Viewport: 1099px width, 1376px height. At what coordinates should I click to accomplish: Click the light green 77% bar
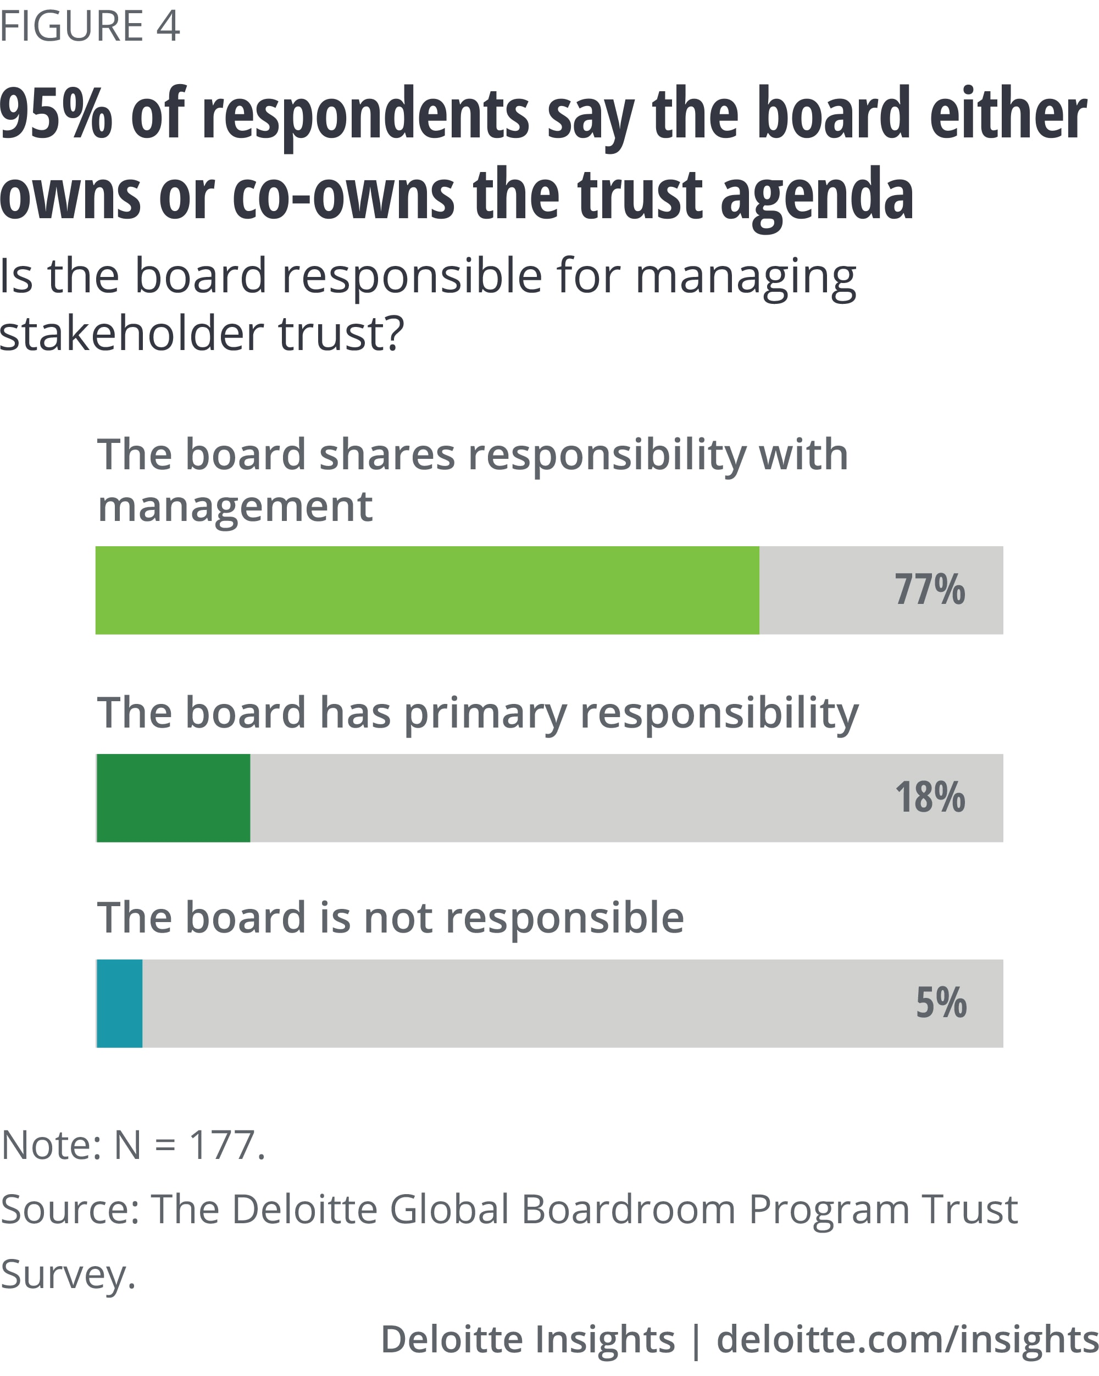click(427, 590)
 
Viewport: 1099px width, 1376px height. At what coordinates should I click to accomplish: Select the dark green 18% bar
click(174, 798)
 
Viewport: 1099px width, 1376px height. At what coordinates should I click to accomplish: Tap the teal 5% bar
click(119, 1003)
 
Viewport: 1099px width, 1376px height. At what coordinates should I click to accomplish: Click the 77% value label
click(929, 590)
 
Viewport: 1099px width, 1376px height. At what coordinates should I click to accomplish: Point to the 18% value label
click(930, 798)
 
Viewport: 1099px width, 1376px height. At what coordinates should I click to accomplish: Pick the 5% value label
click(941, 1003)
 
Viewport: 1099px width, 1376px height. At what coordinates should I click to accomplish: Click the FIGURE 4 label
click(90, 27)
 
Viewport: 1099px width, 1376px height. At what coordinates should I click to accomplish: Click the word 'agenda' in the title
click(817, 195)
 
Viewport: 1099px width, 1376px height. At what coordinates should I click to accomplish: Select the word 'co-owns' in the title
click(343, 195)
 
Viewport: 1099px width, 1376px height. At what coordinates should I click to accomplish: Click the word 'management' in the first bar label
click(235, 507)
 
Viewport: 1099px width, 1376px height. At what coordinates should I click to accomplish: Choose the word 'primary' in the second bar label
click(485, 713)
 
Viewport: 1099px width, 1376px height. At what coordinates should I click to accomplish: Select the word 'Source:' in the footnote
click(70, 1209)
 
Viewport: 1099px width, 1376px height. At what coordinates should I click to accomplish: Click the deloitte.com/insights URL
click(907, 1339)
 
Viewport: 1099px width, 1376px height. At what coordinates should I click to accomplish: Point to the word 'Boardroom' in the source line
click(629, 1209)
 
